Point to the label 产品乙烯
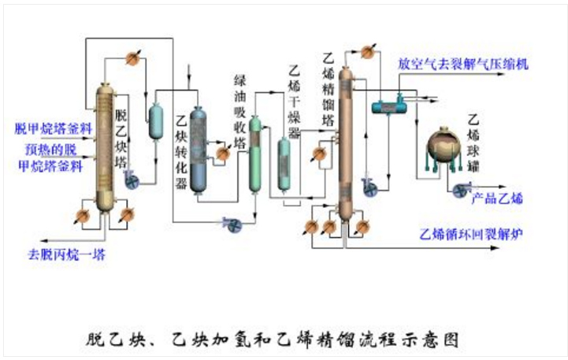pos(496,197)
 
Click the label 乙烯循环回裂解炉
pos(472,234)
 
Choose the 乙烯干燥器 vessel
pos(284,164)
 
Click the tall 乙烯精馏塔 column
pos(345,142)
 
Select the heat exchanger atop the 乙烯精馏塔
pos(367,52)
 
